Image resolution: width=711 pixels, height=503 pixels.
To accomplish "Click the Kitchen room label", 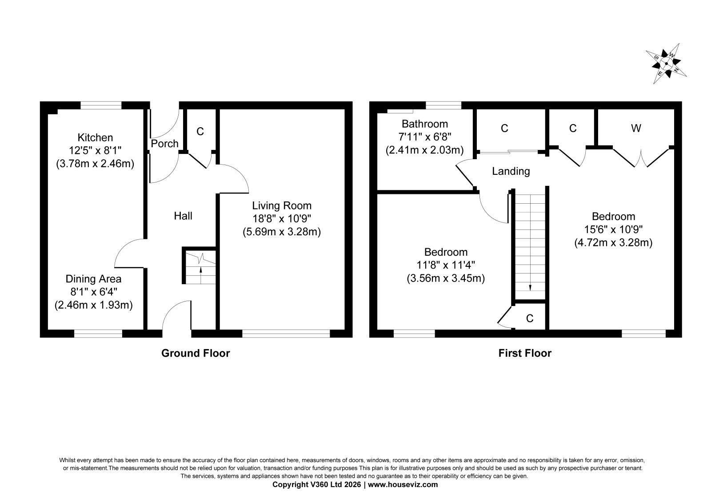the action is (x=95, y=137).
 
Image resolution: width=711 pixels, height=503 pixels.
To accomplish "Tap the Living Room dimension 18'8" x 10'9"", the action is (x=282, y=219).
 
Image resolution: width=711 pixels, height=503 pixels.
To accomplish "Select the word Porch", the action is (x=164, y=144).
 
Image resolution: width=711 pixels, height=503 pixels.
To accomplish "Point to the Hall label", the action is (x=183, y=216).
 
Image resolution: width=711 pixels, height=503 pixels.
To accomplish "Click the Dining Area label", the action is (x=93, y=279).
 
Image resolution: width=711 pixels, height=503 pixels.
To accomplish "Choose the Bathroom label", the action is (x=425, y=124).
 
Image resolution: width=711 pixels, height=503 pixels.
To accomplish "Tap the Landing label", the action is (x=511, y=172).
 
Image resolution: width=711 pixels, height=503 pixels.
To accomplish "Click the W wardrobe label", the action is (x=636, y=128).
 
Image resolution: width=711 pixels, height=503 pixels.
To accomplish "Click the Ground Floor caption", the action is (x=196, y=353).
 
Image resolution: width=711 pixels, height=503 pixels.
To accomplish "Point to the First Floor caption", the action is (x=525, y=353).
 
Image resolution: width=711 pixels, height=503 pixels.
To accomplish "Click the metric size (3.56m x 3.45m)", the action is (x=446, y=278).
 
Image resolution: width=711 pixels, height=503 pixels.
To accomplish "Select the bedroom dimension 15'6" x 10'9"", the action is (x=614, y=229).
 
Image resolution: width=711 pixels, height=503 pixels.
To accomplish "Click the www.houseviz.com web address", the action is (x=403, y=485).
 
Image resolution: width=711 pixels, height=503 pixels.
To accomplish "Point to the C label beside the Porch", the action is (x=200, y=132).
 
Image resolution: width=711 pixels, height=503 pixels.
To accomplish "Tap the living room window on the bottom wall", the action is (x=286, y=333).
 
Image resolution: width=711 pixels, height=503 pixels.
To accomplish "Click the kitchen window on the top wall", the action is (x=101, y=105).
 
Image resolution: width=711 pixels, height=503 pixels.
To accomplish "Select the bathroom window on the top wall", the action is (x=443, y=105).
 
